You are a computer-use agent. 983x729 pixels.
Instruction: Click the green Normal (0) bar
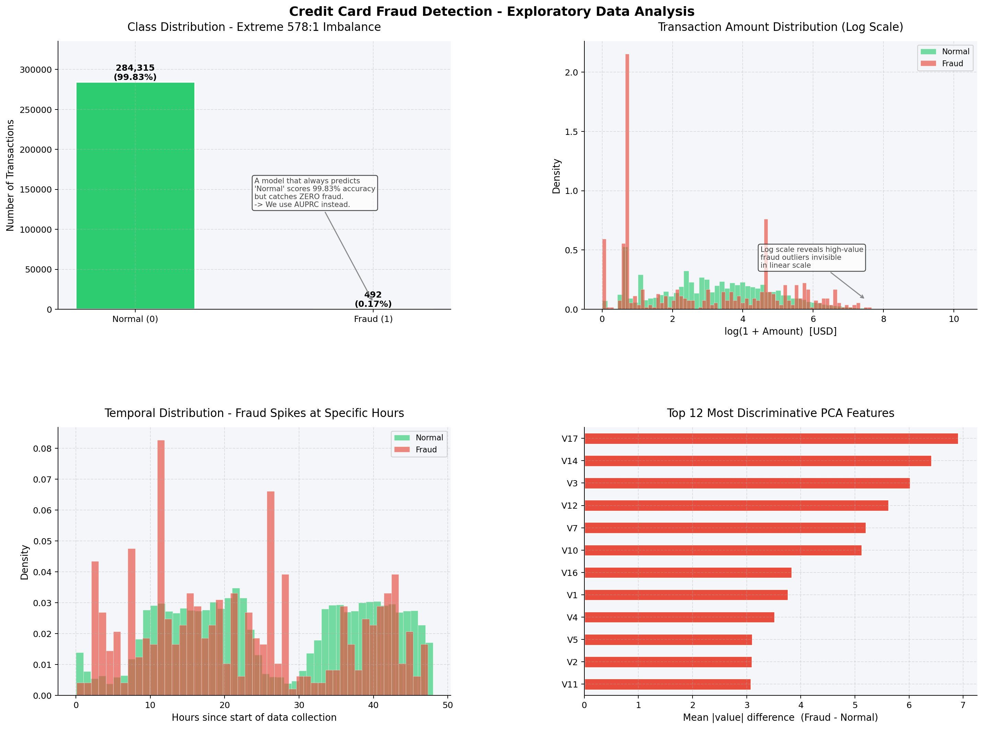tap(135, 196)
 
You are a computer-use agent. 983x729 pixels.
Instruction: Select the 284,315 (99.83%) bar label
tap(135, 72)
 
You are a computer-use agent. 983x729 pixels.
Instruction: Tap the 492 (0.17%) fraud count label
tap(373, 299)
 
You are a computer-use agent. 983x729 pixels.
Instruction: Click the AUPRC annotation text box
tap(314, 193)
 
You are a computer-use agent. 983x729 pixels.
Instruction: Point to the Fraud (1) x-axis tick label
tap(373, 319)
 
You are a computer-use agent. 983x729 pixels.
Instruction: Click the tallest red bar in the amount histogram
tap(627, 181)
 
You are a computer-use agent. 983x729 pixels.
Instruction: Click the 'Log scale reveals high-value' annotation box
tap(811, 257)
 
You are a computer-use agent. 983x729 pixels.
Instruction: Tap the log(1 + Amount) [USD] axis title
tap(780, 332)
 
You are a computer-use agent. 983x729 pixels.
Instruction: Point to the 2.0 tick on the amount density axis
tap(571, 72)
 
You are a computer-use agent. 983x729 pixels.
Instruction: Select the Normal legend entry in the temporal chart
tap(419, 437)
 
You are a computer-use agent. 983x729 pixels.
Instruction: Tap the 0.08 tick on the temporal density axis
tap(42, 448)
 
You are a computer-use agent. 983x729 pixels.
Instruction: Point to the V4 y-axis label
tap(572, 617)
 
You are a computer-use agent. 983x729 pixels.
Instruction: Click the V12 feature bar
tap(736, 505)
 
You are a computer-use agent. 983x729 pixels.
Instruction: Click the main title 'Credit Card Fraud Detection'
tap(491, 11)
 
